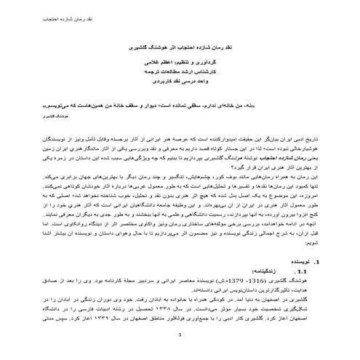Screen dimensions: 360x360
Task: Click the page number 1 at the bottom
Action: (180, 354)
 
